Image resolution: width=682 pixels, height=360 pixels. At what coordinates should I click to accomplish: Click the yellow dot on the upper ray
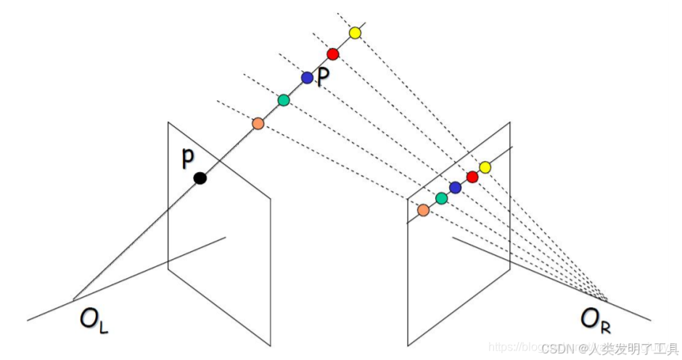(355, 33)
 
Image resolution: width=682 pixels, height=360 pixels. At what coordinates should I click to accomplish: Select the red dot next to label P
(333, 54)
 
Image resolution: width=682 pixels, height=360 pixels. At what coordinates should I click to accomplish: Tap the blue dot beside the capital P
(307, 78)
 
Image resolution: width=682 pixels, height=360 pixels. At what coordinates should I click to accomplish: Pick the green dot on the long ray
(284, 99)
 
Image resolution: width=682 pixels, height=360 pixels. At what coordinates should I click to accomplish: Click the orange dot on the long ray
(258, 123)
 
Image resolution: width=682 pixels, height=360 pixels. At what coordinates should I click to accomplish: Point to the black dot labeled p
(200, 178)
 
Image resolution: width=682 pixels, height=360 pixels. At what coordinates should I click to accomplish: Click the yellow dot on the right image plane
(485, 168)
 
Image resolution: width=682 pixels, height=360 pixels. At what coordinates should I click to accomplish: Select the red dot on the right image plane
(472, 177)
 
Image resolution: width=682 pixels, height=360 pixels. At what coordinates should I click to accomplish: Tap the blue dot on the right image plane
(455, 188)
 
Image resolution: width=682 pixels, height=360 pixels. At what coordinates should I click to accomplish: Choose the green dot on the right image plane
(441, 197)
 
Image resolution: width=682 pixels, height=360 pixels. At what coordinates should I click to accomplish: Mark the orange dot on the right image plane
(423, 210)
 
